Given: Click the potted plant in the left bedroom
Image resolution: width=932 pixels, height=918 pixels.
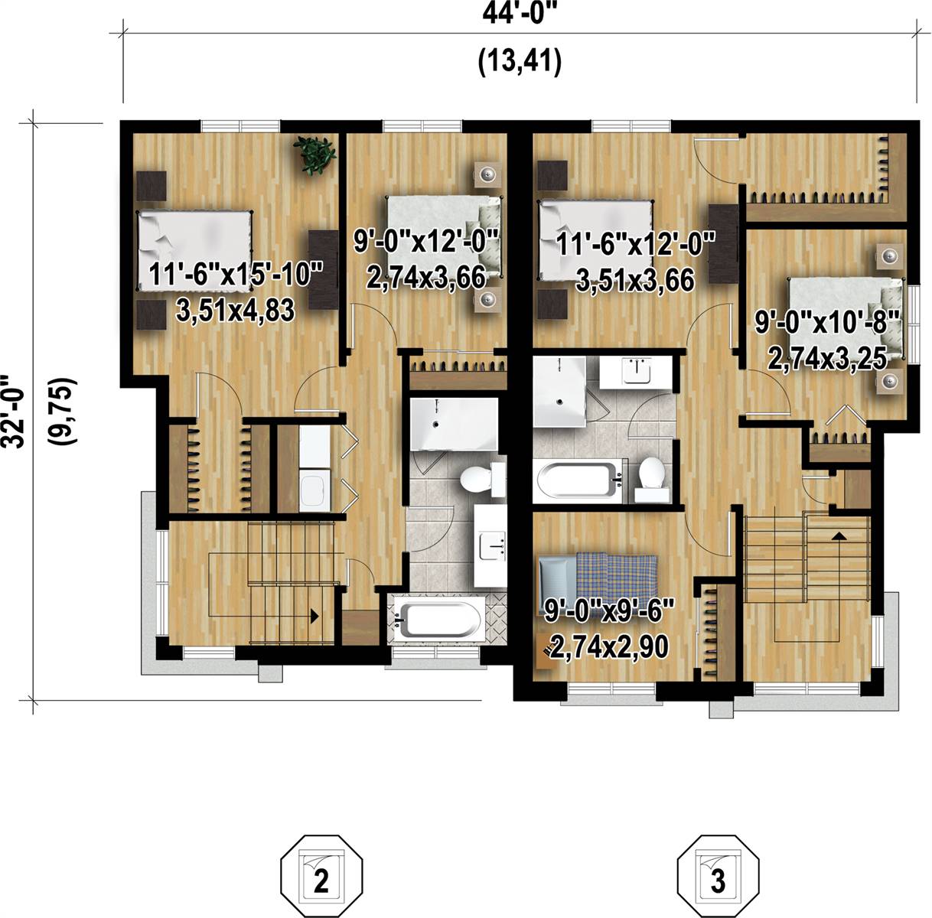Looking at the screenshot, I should (316, 155).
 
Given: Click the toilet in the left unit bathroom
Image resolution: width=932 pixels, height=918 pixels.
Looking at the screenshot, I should (478, 480).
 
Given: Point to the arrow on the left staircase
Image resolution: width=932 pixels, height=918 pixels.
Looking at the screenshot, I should (314, 614).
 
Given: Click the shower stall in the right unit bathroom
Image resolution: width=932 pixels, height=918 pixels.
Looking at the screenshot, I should (559, 392).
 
